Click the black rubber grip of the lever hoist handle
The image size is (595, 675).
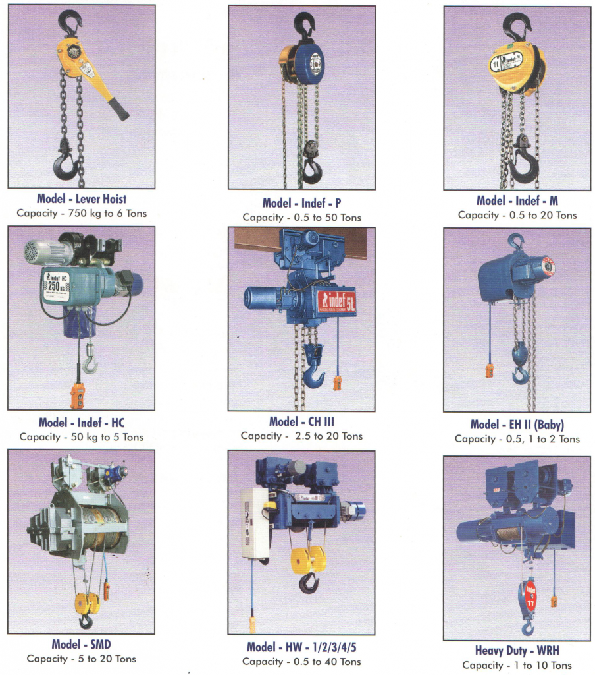[118, 109]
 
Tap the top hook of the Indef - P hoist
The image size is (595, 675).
[305, 26]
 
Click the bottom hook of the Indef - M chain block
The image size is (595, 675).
[526, 165]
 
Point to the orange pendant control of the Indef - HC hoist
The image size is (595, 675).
[78, 394]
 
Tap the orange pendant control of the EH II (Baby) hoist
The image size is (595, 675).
[489, 370]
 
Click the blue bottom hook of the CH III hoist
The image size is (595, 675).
[313, 373]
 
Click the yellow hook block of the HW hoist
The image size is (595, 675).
[309, 559]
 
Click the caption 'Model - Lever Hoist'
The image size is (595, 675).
[82, 199]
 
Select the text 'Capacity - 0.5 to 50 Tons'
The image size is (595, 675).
[302, 218]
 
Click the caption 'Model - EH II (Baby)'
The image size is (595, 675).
[517, 425]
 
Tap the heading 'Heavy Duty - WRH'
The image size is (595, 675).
[517, 650]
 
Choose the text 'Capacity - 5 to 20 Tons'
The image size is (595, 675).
[81, 659]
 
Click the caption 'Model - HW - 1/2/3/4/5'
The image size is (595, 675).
[301, 647]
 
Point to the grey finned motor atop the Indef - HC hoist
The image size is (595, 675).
[44, 251]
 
